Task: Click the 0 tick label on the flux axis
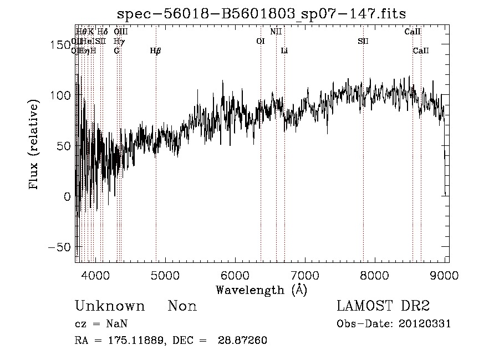[67, 196]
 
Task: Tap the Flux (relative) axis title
[34, 145]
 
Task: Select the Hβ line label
[156, 50]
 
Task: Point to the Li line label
[284, 50]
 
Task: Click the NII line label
[276, 32]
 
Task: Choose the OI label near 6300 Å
[261, 41]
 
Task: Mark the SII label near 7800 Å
[363, 41]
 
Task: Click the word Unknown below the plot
[110, 306]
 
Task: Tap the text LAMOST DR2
[383, 306]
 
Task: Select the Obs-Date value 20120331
[425, 324]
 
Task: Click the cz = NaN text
[103, 324]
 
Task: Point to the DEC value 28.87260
[243, 341]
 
